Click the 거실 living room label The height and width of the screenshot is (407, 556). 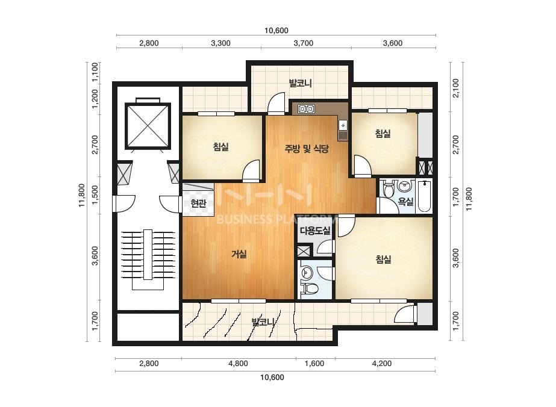[239, 254]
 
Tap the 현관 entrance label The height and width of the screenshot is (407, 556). [198, 203]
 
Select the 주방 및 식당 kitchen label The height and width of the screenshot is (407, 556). [307, 148]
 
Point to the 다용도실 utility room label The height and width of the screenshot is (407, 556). [315, 231]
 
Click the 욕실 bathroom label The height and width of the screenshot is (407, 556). [405, 201]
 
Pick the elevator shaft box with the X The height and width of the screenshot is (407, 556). [148, 125]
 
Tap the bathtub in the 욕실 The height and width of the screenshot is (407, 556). [424, 196]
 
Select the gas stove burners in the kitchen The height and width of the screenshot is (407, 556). [307, 108]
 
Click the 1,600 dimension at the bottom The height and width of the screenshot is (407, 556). [314, 364]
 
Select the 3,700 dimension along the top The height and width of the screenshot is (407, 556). [304, 43]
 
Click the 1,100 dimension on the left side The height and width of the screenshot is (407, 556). [95, 72]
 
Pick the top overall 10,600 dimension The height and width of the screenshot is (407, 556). [276, 31]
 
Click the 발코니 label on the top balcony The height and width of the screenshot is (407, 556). [301, 83]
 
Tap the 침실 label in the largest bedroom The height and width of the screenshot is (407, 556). [383, 259]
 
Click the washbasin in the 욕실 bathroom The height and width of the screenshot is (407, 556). [404, 185]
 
